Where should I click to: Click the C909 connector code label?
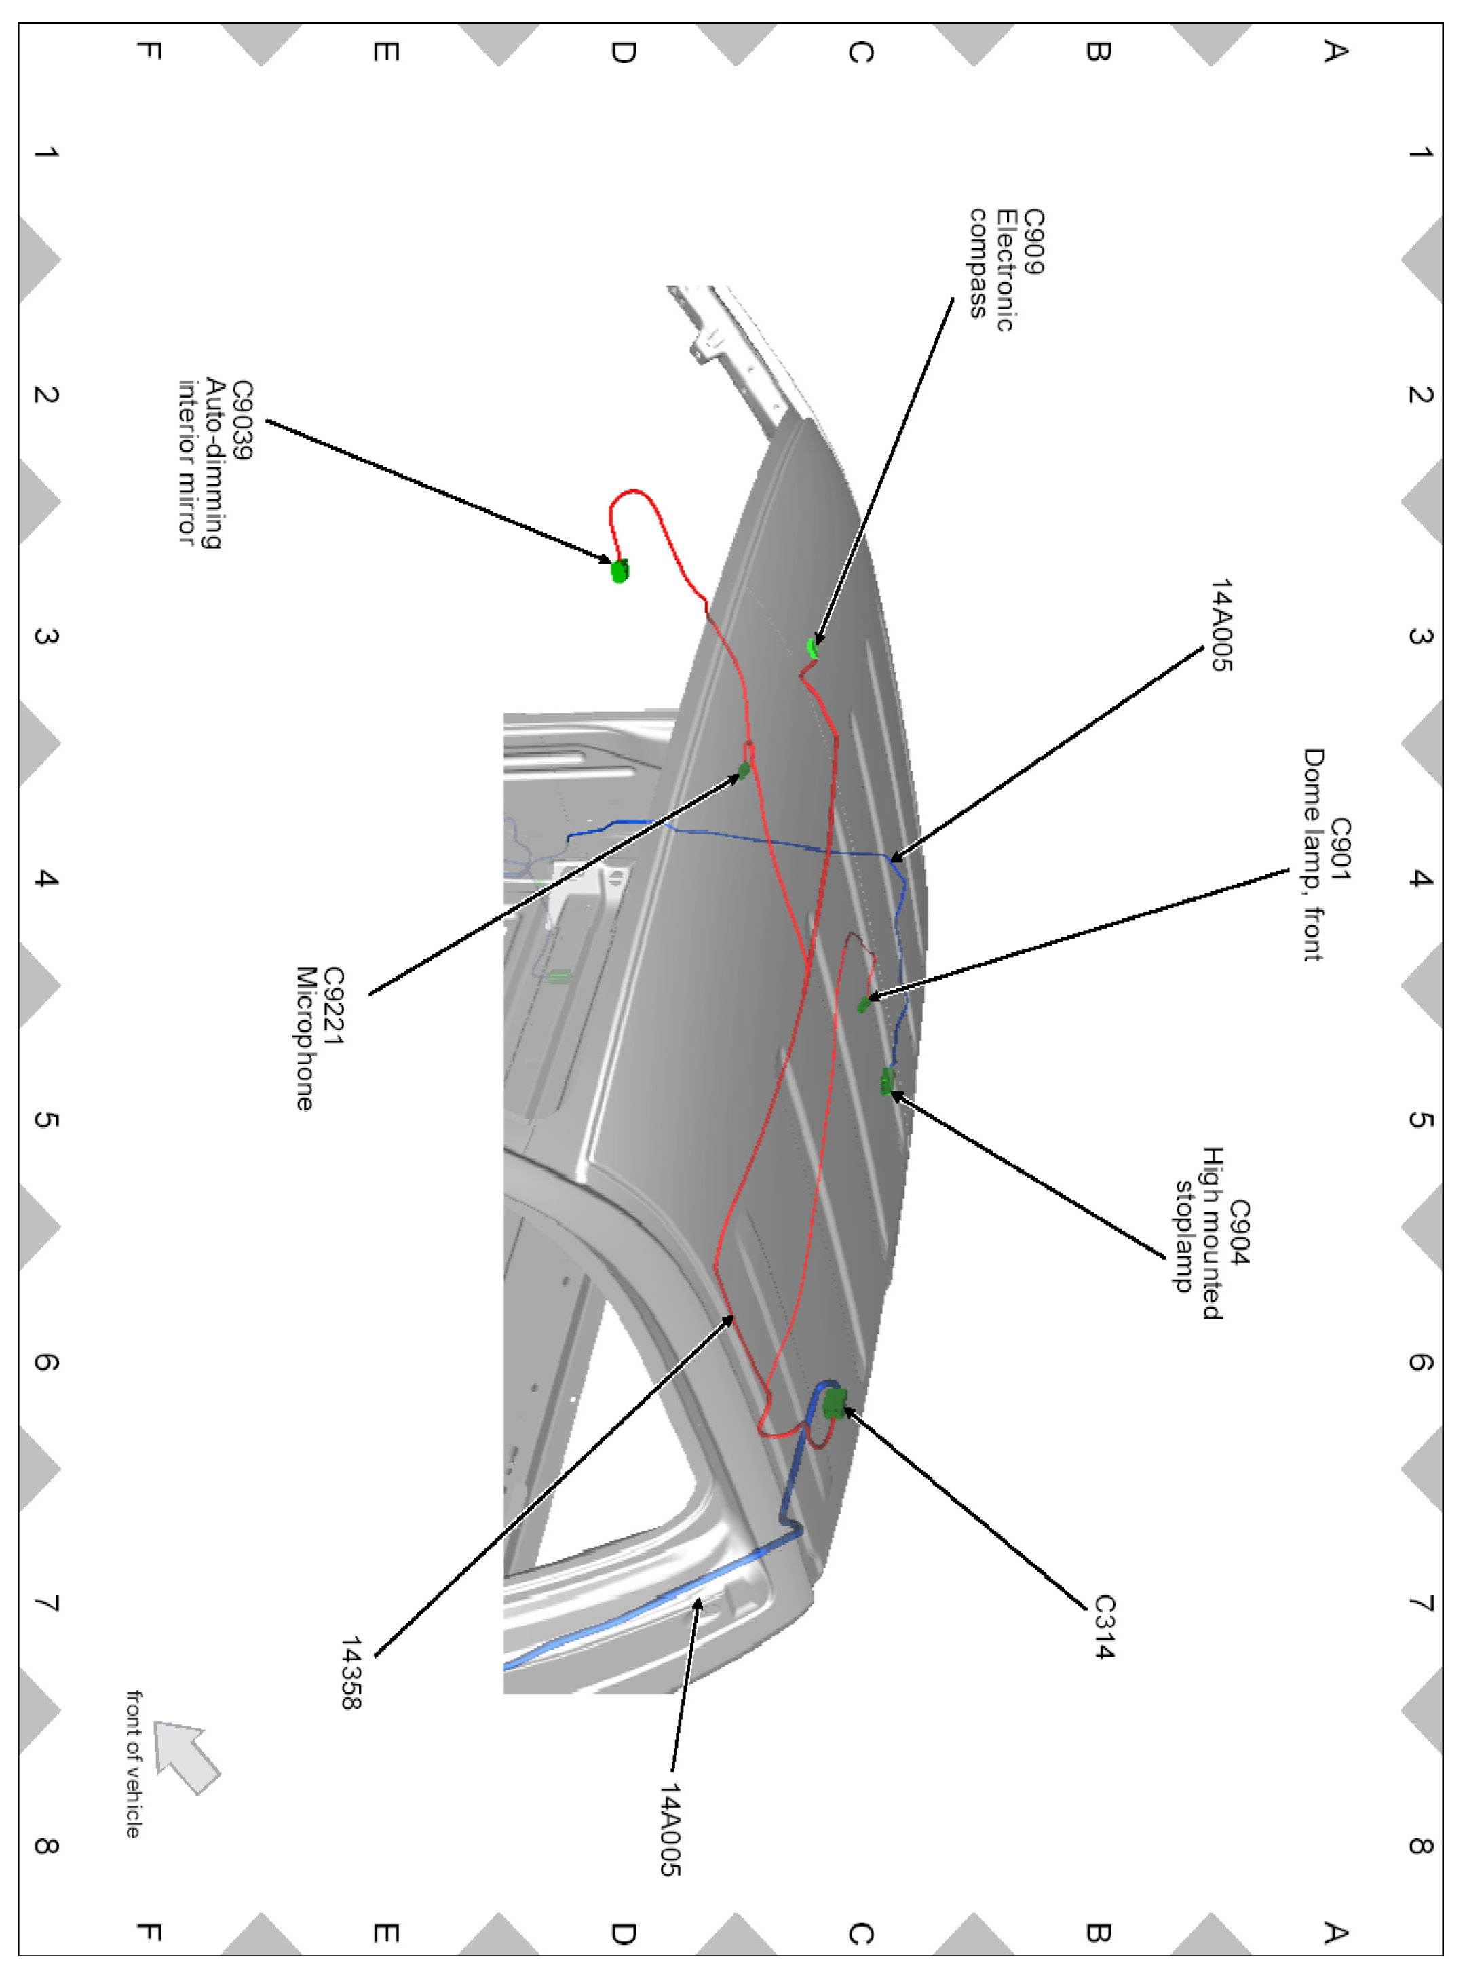[1033, 241]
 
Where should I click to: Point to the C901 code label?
[1339, 849]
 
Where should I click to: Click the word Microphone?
[305, 1039]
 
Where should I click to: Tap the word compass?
[978, 264]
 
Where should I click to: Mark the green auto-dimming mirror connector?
[620, 570]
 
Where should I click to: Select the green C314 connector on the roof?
[834, 1402]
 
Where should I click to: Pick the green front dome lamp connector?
[863, 1005]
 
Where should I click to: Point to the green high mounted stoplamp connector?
[886, 1081]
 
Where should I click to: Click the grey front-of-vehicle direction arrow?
[187, 1756]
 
